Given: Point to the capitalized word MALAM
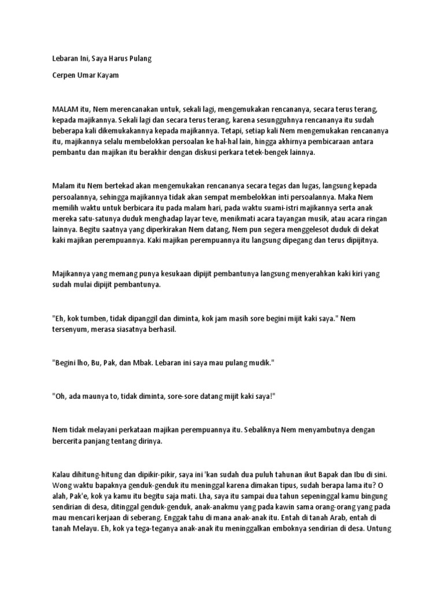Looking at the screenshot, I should [x=66, y=109].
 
